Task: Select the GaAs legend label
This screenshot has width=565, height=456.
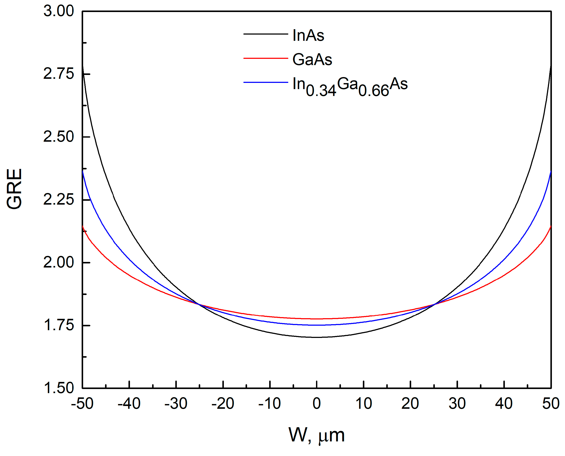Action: click(312, 59)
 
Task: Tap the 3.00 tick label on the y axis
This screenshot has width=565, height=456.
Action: click(58, 11)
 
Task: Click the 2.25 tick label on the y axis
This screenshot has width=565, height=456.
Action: click(58, 200)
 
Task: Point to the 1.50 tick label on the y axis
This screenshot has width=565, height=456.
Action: click(58, 388)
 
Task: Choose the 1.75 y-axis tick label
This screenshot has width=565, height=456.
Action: click(58, 325)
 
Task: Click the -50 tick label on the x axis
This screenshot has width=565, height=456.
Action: click(82, 404)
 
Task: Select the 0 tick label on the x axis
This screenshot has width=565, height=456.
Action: click(317, 404)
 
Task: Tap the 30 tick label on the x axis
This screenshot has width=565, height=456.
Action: click(457, 404)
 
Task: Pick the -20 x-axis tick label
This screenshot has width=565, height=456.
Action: click(223, 404)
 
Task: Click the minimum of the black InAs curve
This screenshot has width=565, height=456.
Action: click(317, 337)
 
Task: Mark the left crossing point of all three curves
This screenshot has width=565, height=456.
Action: click(199, 304)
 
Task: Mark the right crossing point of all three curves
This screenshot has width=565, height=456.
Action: click(434, 304)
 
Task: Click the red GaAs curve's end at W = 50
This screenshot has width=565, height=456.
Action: click(551, 226)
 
